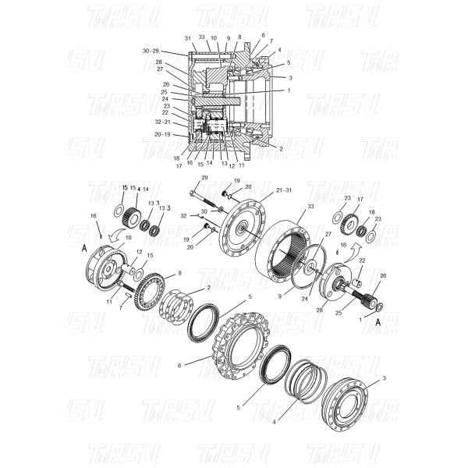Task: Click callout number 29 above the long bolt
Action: tap(204, 179)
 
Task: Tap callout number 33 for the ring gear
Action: tap(310, 207)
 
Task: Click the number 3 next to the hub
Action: tap(384, 378)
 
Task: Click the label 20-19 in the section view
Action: tap(162, 134)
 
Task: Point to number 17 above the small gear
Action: tap(360, 200)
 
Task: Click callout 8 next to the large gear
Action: tap(179, 273)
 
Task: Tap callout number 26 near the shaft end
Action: tap(382, 275)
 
